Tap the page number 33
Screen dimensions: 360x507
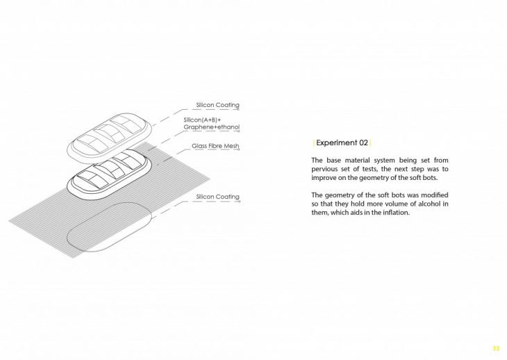coord(495,348)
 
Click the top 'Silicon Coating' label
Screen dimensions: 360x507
coord(217,106)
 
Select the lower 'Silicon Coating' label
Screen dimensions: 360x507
coord(217,197)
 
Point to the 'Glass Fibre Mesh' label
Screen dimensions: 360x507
coord(215,147)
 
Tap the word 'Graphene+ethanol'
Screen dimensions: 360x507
coord(211,128)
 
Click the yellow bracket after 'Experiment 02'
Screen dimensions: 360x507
coord(370,143)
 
